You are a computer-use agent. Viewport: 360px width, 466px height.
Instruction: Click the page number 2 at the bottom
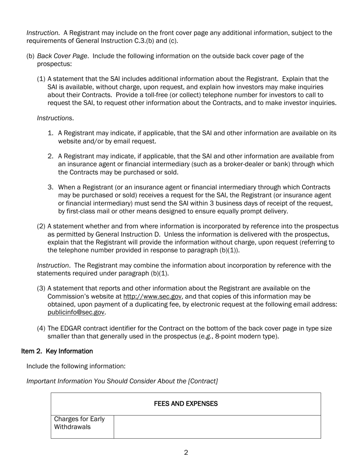point(186,452)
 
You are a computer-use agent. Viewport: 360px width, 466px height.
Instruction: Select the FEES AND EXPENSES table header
point(186,404)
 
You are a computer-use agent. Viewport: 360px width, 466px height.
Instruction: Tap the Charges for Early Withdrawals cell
point(80,423)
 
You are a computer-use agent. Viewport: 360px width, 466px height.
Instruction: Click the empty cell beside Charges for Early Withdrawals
point(217,427)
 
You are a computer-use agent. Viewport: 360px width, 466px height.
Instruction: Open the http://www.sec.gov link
point(152,296)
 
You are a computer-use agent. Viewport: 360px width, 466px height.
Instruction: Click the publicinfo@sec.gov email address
point(76,312)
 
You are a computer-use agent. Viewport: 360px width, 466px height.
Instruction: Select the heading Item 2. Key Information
point(57,351)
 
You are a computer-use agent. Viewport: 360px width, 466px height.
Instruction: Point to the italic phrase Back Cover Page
point(62,56)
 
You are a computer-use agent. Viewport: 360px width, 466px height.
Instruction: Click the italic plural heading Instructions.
point(55,118)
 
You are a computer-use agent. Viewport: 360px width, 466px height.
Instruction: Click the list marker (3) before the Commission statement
point(41,289)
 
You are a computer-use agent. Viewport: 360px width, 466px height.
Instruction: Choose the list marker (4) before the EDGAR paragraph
point(41,328)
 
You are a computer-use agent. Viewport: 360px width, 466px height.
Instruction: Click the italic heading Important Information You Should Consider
point(122,381)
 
